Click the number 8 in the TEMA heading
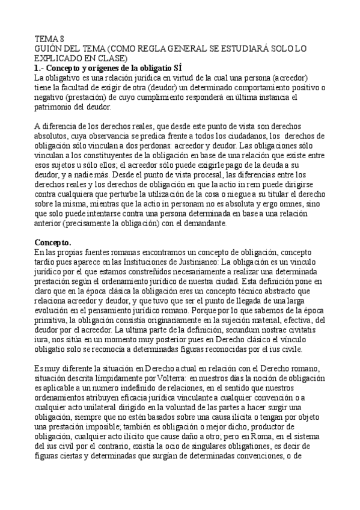61,37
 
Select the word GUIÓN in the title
47,47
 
